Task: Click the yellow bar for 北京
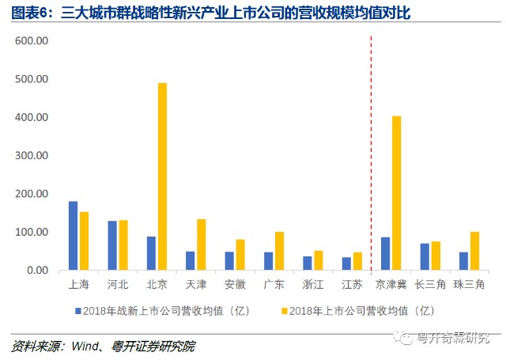point(162,176)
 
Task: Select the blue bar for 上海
point(74,236)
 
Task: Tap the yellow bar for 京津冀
point(397,193)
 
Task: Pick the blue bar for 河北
point(112,245)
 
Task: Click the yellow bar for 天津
point(202,244)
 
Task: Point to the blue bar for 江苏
point(346,263)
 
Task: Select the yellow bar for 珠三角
point(474,251)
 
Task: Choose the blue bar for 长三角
point(425,256)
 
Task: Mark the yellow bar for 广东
point(279,251)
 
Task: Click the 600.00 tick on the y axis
point(32,40)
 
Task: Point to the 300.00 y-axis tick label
point(32,155)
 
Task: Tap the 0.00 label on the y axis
point(38,271)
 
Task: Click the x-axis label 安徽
point(235,285)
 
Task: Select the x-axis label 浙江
point(313,285)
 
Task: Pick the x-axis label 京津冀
point(391,285)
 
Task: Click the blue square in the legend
point(77,311)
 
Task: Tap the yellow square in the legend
point(285,311)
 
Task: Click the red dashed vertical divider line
point(371,154)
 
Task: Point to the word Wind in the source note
point(85,346)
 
